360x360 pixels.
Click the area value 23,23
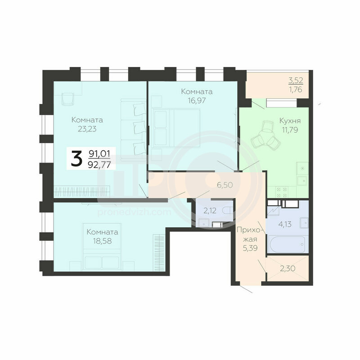[87, 129]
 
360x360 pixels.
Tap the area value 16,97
[197, 100]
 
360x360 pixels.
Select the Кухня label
[290, 121]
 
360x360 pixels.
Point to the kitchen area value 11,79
[290, 130]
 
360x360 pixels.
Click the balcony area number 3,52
[296, 81]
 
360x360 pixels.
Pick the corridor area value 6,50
[225, 185]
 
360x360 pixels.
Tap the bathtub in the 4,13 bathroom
[287, 243]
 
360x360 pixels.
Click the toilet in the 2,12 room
[228, 210]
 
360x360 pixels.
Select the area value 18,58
[103, 241]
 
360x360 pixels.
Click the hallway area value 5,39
[250, 248]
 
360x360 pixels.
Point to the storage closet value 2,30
[288, 268]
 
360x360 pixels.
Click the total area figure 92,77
[99, 164]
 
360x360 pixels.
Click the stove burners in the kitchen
[282, 192]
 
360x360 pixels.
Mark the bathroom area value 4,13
[285, 224]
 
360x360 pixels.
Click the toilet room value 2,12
[210, 211]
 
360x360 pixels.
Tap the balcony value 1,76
[296, 90]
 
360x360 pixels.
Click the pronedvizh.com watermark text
[135, 212]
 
